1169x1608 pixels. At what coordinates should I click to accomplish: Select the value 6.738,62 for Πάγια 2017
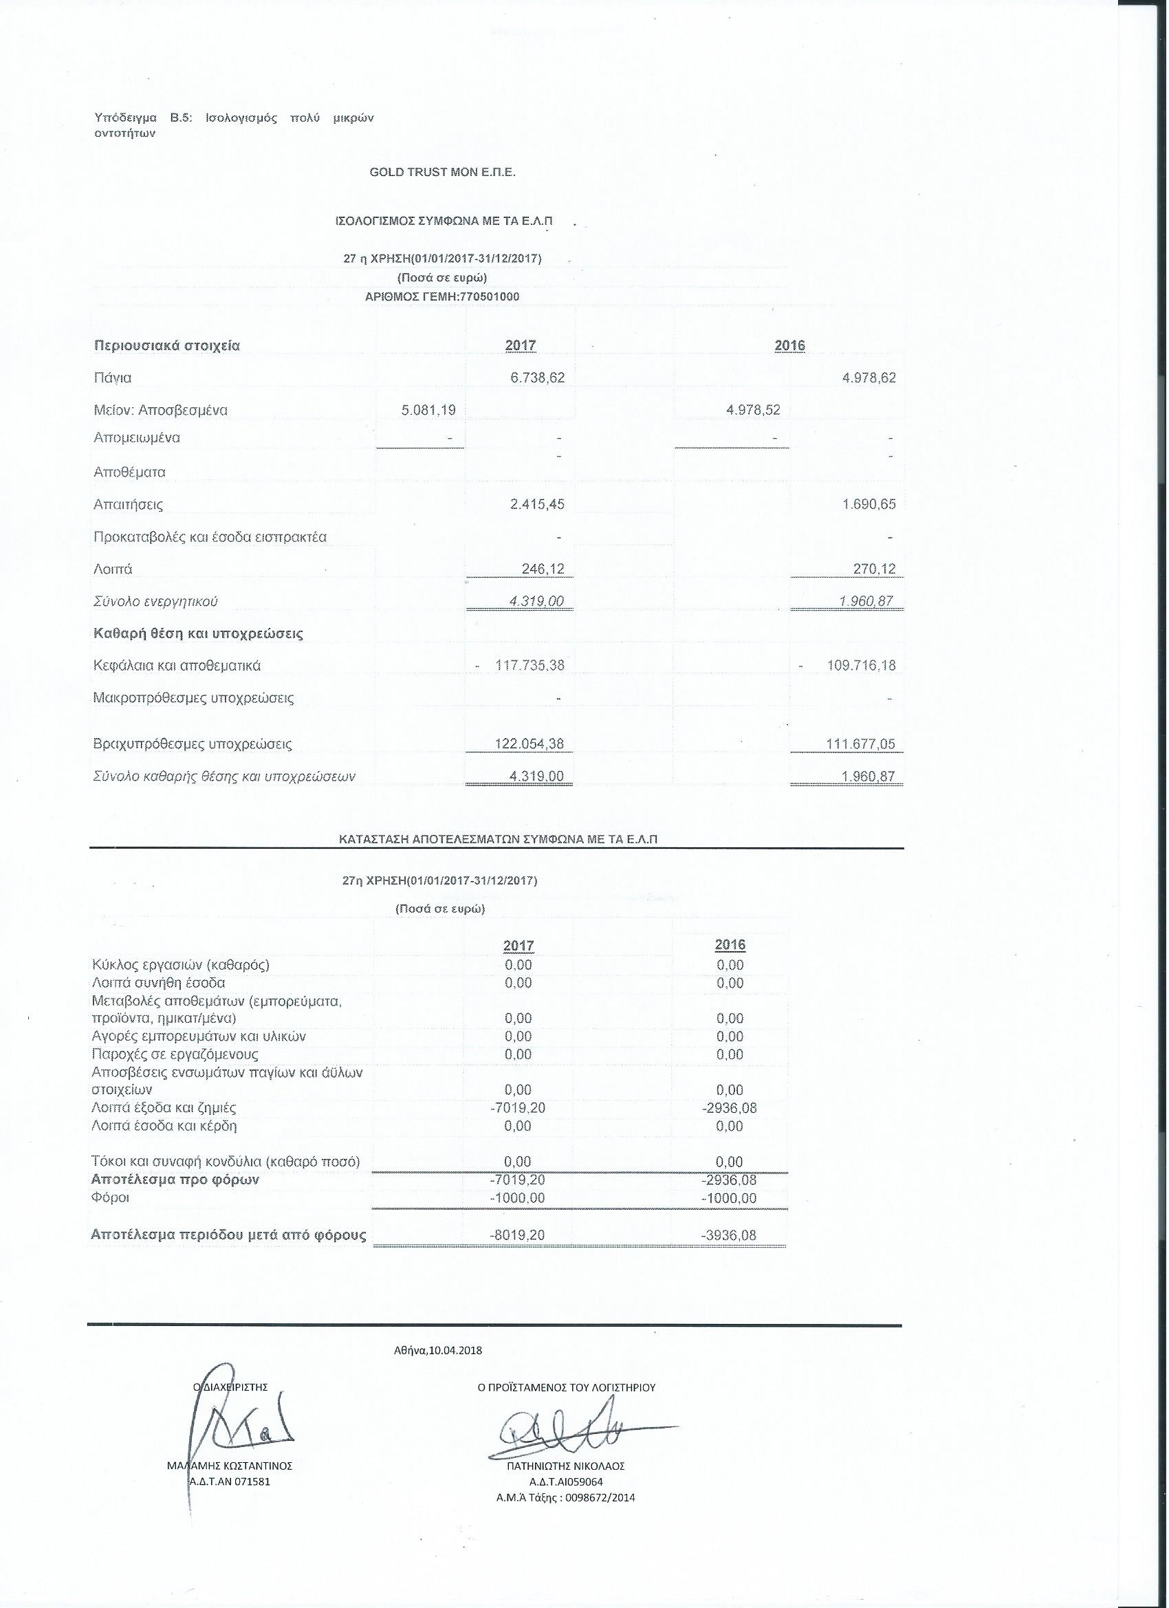click(x=538, y=378)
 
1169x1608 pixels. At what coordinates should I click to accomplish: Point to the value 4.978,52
click(x=754, y=410)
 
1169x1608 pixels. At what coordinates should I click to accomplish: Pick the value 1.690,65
click(x=869, y=505)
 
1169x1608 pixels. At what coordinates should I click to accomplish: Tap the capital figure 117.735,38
click(x=530, y=666)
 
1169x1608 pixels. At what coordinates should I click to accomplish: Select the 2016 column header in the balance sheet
click(x=789, y=346)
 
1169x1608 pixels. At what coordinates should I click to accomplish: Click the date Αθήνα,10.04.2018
click(x=437, y=1351)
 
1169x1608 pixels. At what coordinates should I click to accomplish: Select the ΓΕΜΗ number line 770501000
click(x=441, y=296)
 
